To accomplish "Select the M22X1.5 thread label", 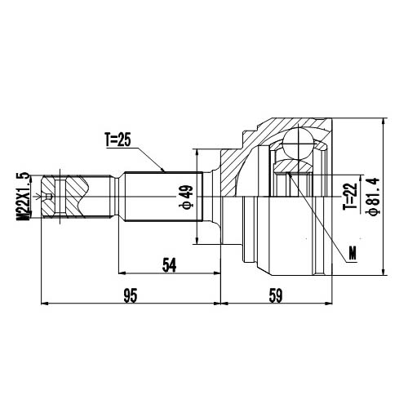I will (x=24, y=197).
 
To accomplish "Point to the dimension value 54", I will (x=170, y=264).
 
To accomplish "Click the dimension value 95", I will (x=129, y=295).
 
